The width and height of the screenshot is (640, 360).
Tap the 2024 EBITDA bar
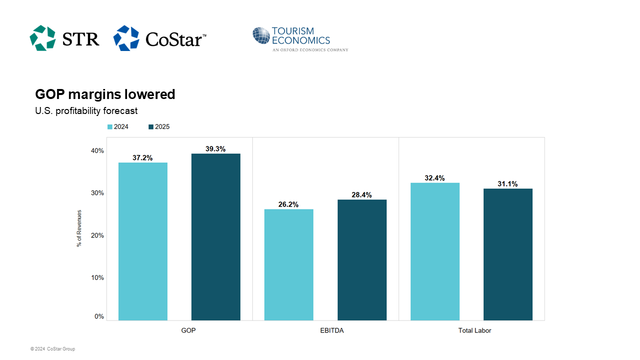289,264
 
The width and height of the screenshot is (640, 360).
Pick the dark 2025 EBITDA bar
362,259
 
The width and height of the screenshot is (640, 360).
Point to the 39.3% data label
215,148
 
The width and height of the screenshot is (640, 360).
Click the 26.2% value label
288,204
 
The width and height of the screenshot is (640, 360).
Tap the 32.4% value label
434,178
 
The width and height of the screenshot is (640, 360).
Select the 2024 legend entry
118,126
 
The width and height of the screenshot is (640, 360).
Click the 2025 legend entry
159,126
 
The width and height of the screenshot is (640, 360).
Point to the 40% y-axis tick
97,151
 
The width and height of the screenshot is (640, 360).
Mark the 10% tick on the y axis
97,277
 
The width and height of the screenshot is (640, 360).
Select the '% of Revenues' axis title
79,228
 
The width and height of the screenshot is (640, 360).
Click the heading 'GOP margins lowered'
105,94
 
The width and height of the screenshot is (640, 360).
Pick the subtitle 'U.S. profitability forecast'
86,110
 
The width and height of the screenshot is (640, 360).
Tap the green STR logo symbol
42,38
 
